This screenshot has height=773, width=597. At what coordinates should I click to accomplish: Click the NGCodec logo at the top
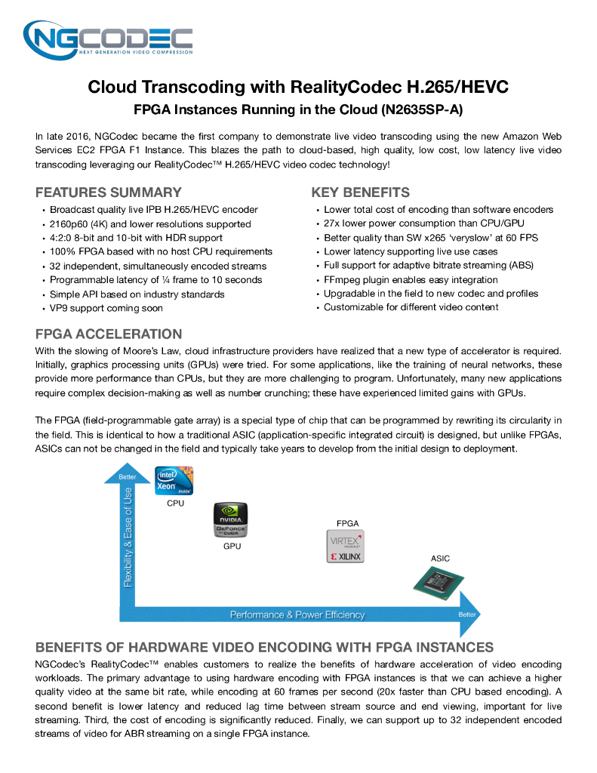pos(108,41)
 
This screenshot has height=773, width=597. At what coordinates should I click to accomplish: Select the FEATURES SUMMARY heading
pos(108,192)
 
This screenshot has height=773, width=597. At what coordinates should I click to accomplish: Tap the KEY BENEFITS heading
pos(360,192)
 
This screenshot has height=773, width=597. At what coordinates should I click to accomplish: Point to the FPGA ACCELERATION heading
pos(109,334)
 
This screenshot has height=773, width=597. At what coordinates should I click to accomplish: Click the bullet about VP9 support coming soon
pos(106,308)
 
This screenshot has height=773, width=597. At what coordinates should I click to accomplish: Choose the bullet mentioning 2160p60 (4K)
pos(150,224)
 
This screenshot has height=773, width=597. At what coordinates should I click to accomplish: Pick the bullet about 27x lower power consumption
pos(423,223)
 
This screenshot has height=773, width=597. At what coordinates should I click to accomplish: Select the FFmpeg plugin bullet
pos(411,279)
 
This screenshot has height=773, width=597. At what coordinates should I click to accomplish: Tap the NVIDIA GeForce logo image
pos(232,521)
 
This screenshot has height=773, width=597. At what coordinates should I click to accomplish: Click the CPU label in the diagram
pos(175,504)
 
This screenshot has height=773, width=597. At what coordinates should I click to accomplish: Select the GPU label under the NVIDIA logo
pos(232,546)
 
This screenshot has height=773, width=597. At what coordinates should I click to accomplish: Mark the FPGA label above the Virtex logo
pos(347,523)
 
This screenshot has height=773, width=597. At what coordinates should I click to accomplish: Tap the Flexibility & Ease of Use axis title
pos(128,537)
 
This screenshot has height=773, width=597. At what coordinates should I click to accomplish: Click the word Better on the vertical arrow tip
pos(128,477)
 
